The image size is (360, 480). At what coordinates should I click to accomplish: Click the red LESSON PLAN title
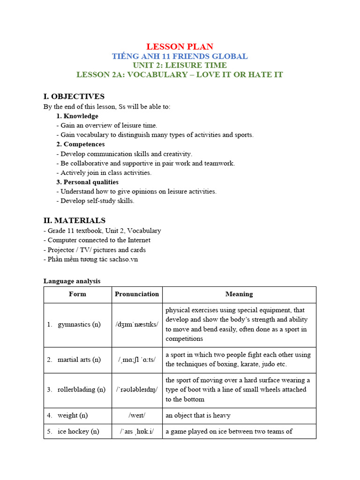point(180,46)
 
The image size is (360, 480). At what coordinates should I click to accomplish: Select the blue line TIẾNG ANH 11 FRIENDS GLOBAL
point(180,56)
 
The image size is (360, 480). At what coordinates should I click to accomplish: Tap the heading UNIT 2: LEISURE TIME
point(180,65)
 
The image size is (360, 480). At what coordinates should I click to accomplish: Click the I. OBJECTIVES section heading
point(74,97)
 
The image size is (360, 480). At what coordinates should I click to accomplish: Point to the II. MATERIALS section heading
point(75,220)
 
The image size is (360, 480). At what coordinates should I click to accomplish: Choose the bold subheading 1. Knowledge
point(77,116)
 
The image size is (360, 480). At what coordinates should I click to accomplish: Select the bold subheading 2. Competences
point(81,144)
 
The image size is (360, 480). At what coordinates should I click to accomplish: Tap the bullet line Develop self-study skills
point(97,201)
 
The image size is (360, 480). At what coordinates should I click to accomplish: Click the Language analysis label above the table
point(72,281)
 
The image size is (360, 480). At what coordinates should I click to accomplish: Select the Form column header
point(77,294)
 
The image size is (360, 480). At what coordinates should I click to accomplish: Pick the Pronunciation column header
point(137,294)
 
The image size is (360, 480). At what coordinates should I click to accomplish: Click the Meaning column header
point(239,294)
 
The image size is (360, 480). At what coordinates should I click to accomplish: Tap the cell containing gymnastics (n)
point(78,324)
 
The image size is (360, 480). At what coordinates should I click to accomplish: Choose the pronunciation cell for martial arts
point(137,360)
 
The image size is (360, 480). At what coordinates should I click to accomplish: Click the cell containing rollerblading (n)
point(78,390)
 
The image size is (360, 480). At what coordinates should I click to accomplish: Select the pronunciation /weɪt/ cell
point(137,415)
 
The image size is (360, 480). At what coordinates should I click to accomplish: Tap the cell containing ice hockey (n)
point(78,431)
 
